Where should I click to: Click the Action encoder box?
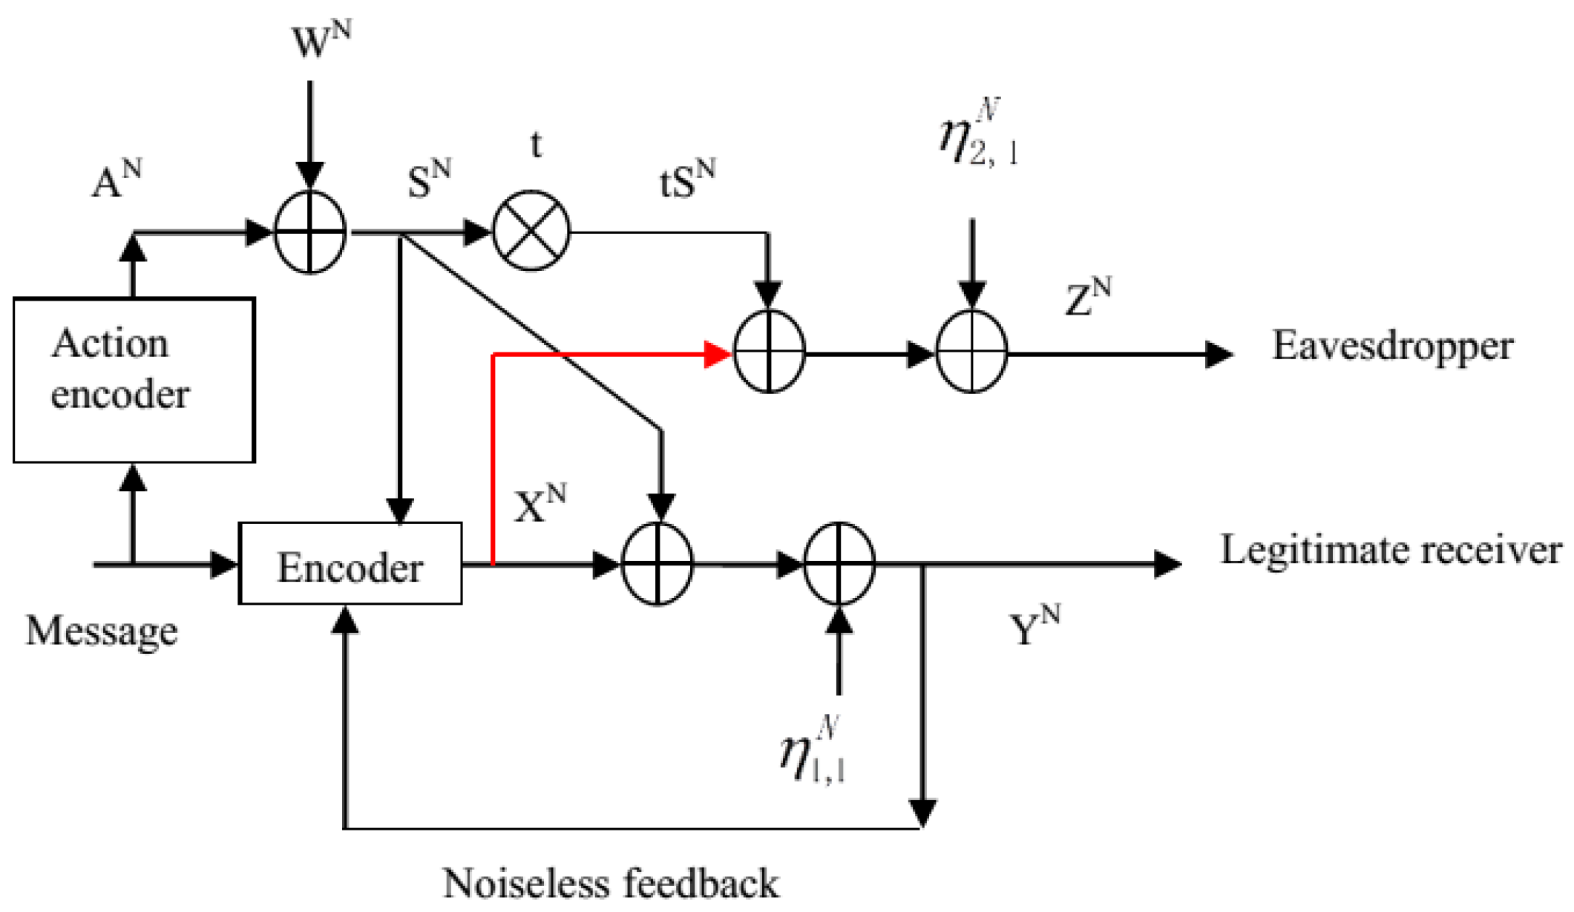tap(134, 380)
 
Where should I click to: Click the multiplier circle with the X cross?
tap(531, 232)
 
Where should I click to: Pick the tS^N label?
tap(687, 180)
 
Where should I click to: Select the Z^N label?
tap(1088, 298)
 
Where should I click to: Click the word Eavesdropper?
tap(1392, 347)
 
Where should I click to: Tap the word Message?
tap(102, 631)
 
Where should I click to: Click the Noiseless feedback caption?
tap(610, 884)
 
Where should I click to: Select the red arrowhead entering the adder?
tap(717, 355)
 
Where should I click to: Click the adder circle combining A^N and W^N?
tap(310, 232)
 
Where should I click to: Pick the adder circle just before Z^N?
tap(971, 352)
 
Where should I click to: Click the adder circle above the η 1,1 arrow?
tap(839, 564)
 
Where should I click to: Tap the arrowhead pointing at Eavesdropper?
tap(1219, 354)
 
